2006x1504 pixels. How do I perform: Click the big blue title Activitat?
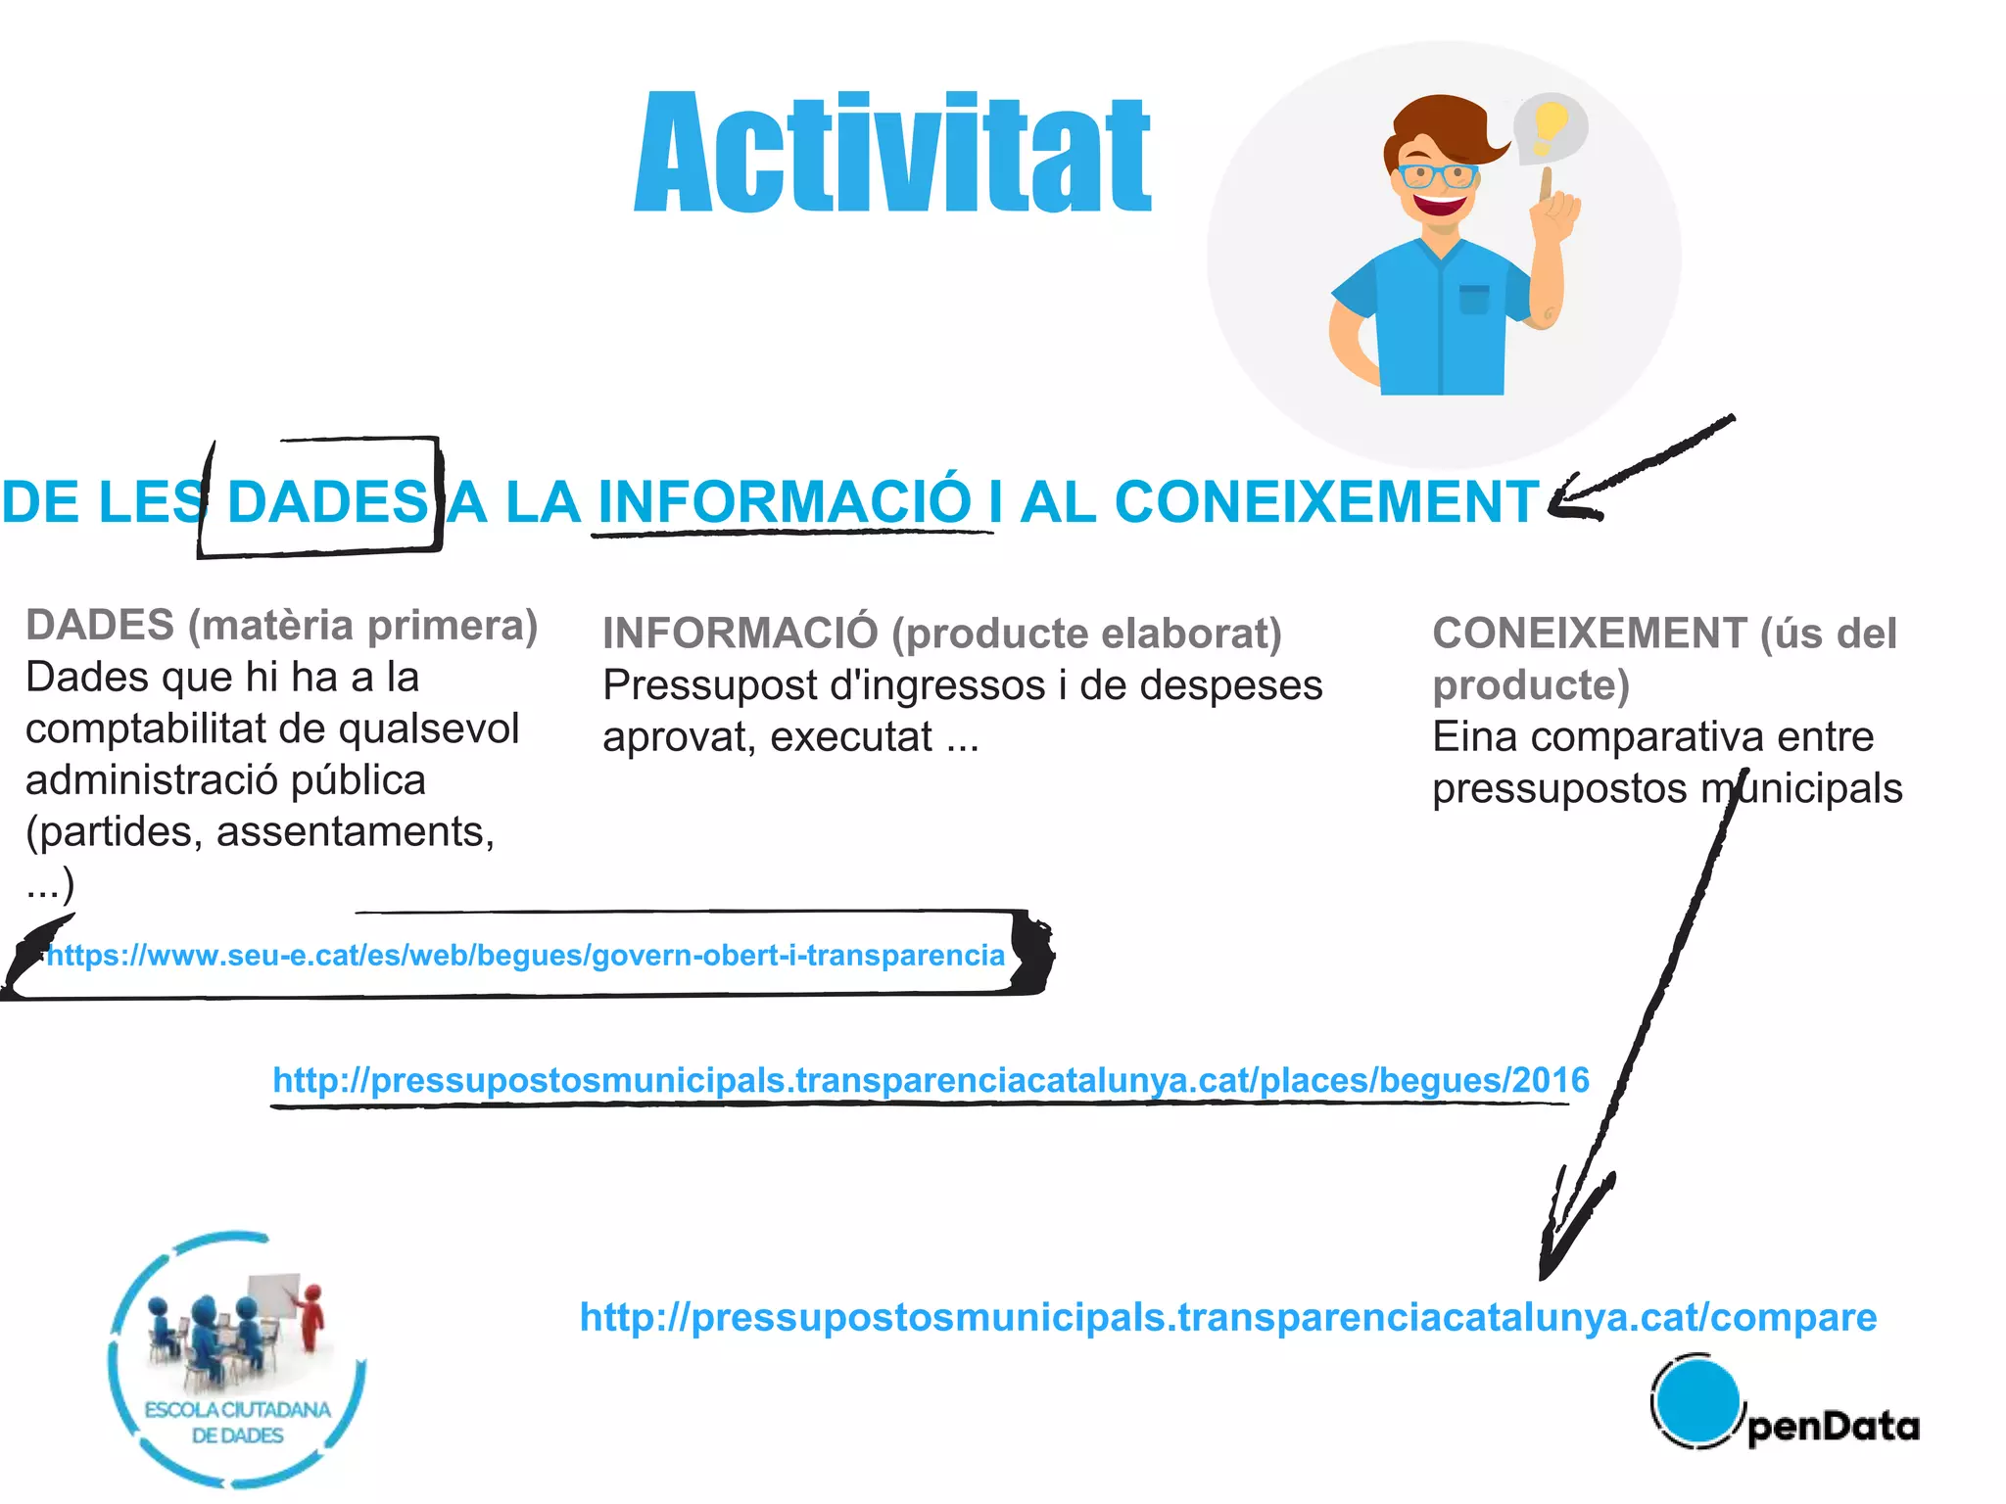tap(891, 153)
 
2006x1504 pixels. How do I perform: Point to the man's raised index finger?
tap(1546, 186)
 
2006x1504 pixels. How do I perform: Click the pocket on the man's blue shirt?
tap(1473, 299)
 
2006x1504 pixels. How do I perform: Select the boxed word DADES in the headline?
tap(326, 502)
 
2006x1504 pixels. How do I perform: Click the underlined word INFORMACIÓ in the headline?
tap(784, 502)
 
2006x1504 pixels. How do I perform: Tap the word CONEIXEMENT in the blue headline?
tap(1327, 502)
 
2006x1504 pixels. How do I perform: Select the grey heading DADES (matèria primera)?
tap(281, 625)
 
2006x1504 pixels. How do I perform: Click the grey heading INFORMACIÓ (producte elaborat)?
tap(941, 634)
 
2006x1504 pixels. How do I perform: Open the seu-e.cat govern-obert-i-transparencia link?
tap(526, 955)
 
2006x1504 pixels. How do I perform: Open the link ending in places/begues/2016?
tap(931, 1080)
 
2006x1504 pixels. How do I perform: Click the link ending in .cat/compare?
tap(1228, 1317)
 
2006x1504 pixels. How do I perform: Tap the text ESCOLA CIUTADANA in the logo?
tap(237, 1410)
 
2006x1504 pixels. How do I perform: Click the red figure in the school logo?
tap(311, 1317)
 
